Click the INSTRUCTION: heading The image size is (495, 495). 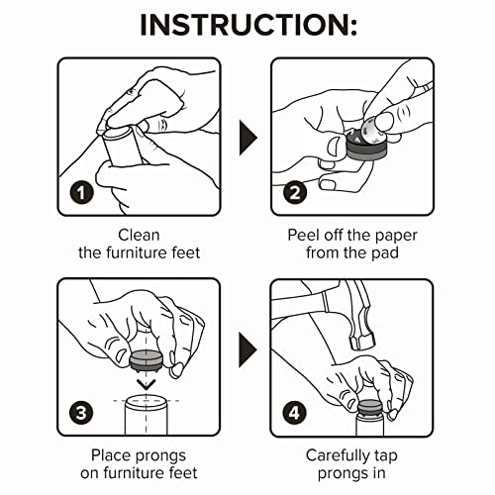(x=248, y=25)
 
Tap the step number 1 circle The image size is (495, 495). (x=81, y=192)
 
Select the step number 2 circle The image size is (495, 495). (x=295, y=192)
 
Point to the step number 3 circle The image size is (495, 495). (x=81, y=413)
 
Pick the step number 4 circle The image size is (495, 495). (x=295, y=413)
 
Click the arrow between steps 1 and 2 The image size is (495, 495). (x=247, y=138)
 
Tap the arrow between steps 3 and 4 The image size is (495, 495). (x=247, y=350)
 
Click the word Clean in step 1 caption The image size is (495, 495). (x=139, y=236)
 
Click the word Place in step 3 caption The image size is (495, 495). (x=112, y=455)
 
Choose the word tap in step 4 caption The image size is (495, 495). (x=386, y=457)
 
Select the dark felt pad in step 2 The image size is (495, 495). (x=365, y=148)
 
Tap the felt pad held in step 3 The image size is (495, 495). (x=146, y=359)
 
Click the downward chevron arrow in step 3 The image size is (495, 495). (x=146, y=384)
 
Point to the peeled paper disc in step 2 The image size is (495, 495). (x=373, y=131)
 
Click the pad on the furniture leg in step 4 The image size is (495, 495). (x=369, y=407)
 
